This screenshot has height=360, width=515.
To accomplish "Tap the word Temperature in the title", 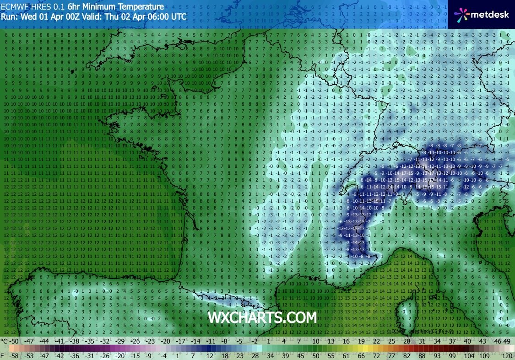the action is click(x=139, y=7).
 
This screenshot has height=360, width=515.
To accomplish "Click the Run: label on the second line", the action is click(x=9, y=16).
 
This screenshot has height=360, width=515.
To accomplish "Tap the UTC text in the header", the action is click(x=178, y=16).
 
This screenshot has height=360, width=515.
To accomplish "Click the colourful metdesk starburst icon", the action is click(x=462, y=15).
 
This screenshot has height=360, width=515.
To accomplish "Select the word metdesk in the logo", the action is click(x=490, y=15).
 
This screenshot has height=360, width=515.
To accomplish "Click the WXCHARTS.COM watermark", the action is click(x=262, y=317).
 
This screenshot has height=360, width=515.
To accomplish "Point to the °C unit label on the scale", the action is click(x=4, y=341).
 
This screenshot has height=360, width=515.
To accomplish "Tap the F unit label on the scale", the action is click(x=3, y=355).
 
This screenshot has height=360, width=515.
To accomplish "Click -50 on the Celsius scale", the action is click(x=16, y=341).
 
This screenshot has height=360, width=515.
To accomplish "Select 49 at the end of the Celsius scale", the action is click(x=507, y=341).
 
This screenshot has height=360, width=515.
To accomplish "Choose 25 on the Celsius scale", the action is click(x=391, y=341).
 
